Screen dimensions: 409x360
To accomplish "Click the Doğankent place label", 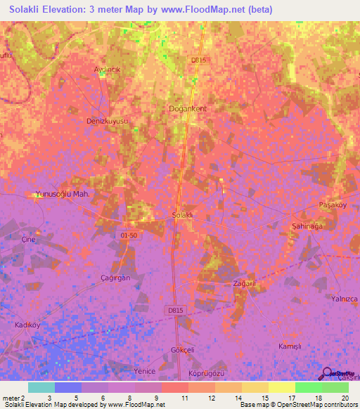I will tap(187, 109).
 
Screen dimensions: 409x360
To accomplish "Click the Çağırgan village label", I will tap(115, 278).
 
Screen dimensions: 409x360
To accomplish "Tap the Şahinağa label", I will tap(307, 228).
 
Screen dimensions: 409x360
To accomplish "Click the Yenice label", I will tap(144, 370).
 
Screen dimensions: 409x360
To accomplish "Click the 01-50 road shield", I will tap(128, 235).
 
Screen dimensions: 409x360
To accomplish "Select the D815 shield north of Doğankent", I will tap(198, 60).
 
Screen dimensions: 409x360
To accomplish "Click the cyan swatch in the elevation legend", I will tap(41, 387).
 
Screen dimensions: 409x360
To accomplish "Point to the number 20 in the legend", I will tap(345, 397).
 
